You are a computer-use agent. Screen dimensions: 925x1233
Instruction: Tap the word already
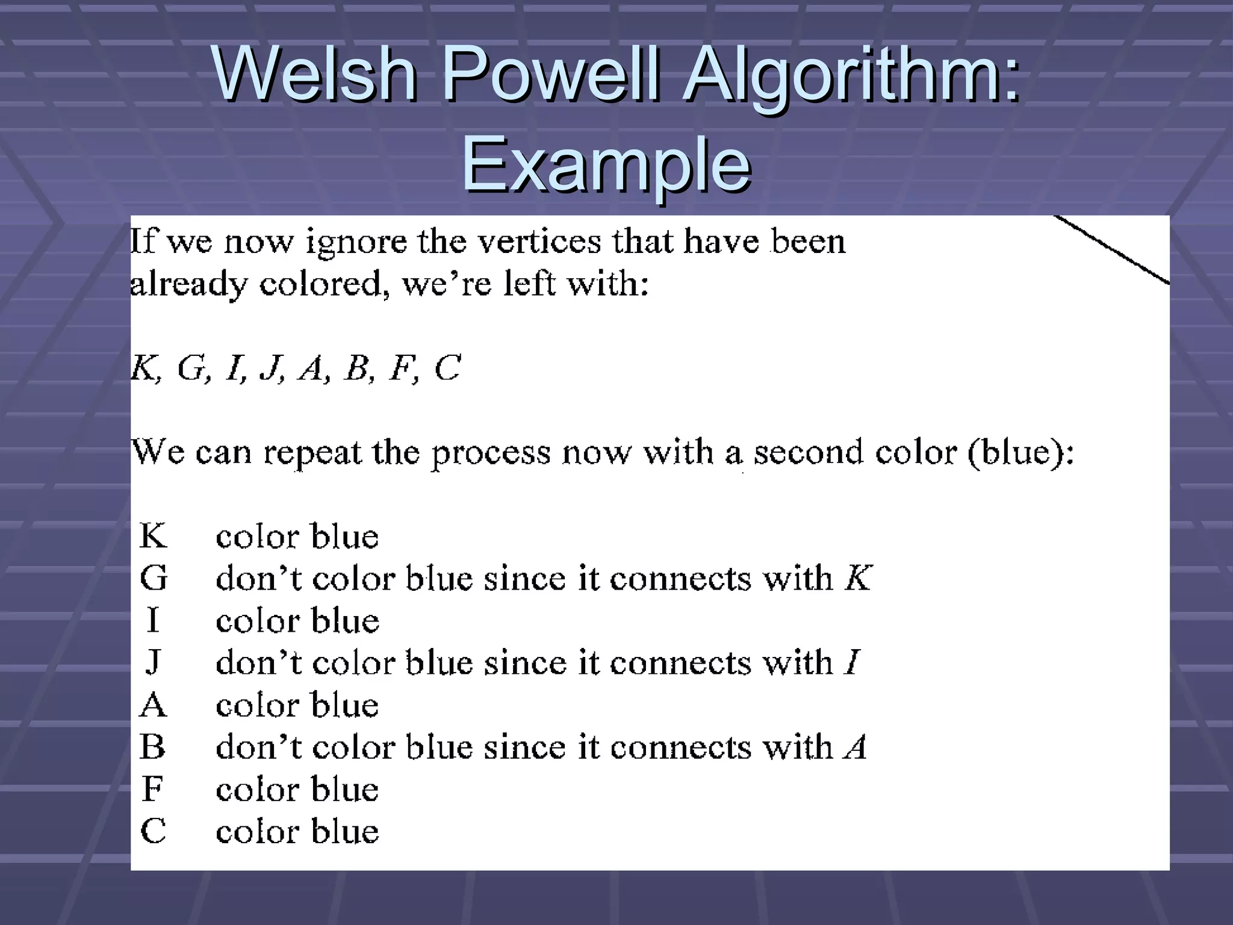tap(188, 284)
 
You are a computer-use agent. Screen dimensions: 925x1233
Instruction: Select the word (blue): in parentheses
tap(1020, 452)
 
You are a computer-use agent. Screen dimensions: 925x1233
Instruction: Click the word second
tap(809, 452)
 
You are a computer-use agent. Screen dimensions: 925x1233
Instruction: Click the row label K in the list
tap(153, 535)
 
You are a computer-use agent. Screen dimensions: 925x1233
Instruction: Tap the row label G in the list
tap(154, 578)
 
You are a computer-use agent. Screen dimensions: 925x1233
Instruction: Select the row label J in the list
tap(153, 663)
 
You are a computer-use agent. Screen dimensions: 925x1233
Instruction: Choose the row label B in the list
tap(152, 747)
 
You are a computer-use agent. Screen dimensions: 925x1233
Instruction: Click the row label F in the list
tap(152, 789)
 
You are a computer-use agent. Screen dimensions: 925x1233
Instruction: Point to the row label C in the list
tap(153, 831)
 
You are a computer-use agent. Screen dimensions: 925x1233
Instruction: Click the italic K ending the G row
tap(858, 578)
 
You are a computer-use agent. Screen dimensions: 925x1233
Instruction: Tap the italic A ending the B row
tap(855, 747)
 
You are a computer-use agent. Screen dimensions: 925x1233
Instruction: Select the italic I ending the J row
tap(852, 662)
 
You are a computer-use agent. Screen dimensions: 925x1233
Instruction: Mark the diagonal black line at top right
tap(1111, 249)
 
